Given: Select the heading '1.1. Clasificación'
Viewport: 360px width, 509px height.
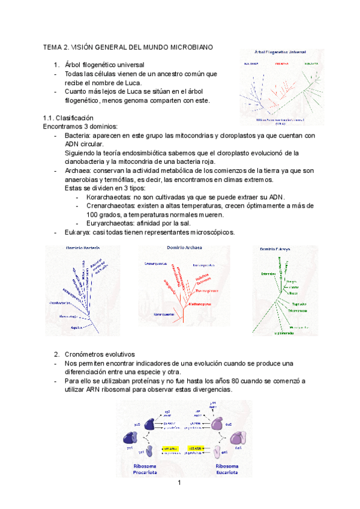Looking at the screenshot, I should tap(68, 118).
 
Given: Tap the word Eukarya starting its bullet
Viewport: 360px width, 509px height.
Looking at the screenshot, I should tap(79, 232).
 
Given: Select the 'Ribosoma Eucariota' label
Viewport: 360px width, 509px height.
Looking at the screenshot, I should tap(227, 469).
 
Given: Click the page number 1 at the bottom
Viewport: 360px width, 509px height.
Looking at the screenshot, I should tap(179, 483).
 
